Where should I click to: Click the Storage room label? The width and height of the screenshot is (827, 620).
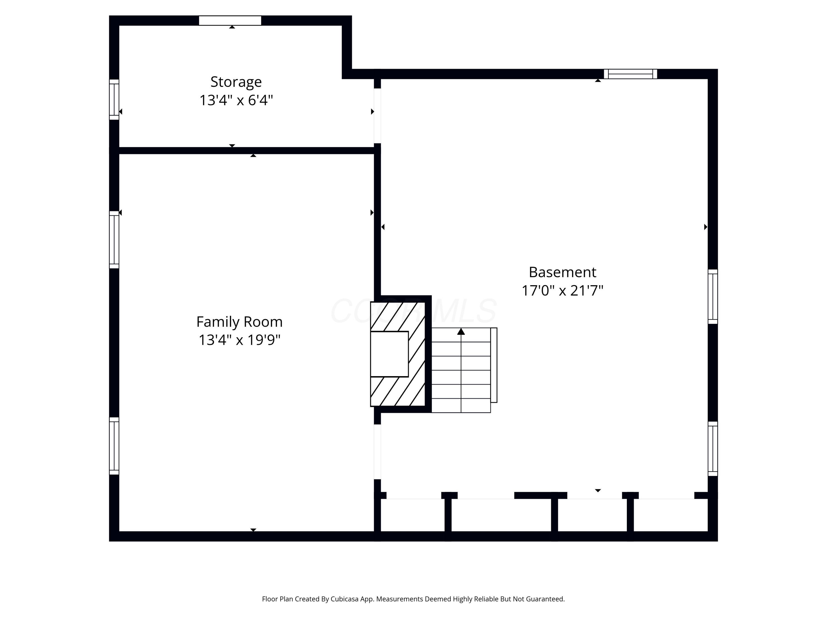pos(236,82)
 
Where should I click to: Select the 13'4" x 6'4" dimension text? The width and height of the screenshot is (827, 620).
pos(236,100)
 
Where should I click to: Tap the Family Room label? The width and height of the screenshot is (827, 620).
pos(239,322)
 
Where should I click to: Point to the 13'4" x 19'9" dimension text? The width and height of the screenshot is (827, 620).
pos(239,340)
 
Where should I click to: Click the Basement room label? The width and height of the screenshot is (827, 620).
pos(562,272)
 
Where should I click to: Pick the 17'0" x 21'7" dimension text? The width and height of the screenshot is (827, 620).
pos(562,290)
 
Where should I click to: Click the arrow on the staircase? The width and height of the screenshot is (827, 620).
pos(461,331)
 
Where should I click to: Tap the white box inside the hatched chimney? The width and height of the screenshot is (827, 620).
pos(389,354)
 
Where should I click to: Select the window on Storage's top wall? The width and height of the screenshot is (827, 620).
pos(230,21)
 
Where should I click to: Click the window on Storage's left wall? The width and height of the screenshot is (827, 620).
pos(114,99)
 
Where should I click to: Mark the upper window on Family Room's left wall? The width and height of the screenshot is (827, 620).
pos(114,239)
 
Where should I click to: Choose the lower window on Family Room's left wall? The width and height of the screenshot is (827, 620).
pos(114,446)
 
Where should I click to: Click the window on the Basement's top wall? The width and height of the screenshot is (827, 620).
pos(630,74)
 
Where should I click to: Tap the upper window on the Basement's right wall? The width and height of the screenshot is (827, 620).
pos(713,296)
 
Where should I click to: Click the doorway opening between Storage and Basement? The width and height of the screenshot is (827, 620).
pos(377,116)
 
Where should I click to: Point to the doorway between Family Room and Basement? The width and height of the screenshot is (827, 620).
pos(377,452)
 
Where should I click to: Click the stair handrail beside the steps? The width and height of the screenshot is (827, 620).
pos(494,365)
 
